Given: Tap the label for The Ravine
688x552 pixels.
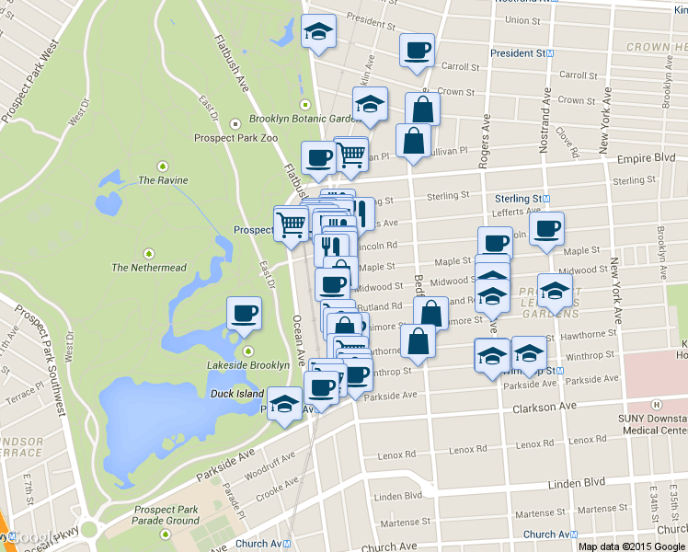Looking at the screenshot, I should (x=158, y=180).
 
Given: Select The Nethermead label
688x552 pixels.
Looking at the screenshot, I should (x=148, y=268).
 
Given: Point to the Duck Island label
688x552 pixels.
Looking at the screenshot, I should (x=236, y=393).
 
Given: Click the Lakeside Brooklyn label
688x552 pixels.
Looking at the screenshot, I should (x=248, y=365).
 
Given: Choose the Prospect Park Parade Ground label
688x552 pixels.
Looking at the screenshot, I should (x=166, y=515).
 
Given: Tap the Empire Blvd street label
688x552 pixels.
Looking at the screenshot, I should (x=648, y=157).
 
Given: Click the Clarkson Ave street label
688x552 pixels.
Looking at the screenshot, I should (x=545, y=407).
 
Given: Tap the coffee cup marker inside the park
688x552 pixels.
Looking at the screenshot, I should (x=244, y=313).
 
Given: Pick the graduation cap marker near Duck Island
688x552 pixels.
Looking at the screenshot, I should (x=285, y=403).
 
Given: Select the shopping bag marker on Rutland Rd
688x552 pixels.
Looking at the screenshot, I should (x=430, y=312).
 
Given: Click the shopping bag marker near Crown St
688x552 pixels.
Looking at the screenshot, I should (x=422, y=109).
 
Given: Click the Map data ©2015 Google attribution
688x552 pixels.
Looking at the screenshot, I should (x=632, y=546).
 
